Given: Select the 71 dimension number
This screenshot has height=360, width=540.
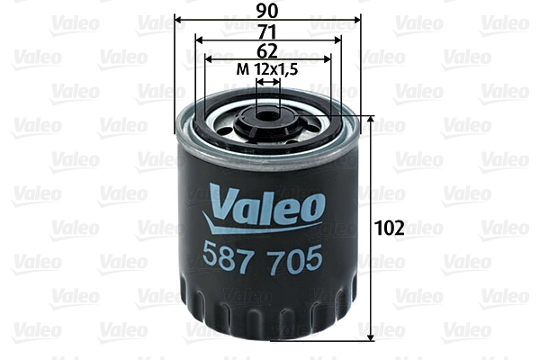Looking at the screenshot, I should coord(267,31).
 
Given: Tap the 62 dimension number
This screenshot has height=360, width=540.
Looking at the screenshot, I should coord(267,50).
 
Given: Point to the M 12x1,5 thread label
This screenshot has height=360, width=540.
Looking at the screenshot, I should coord(267,69).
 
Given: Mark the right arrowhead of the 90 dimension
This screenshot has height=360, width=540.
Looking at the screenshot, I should coord(357,20).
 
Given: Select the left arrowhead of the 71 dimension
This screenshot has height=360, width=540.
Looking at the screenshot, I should coord(198,40).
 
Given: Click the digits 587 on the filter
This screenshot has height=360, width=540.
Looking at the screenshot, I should coord(233,258).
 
